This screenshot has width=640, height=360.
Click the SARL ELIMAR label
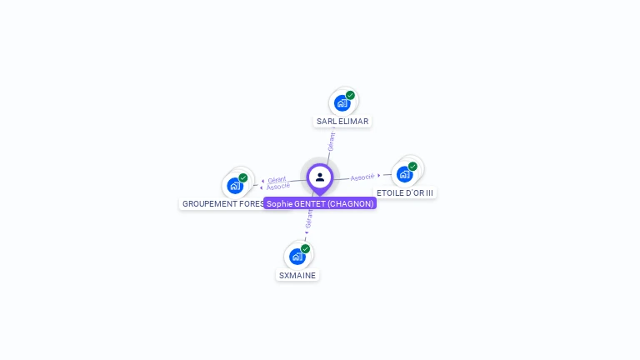(342, 121)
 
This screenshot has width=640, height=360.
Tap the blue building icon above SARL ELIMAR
(341, 103)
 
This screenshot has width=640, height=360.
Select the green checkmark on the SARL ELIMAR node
(351, 95)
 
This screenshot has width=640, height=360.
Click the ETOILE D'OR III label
(405, 192)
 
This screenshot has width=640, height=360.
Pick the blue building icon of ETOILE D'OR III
(404, 174)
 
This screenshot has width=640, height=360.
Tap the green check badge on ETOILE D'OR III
(412, 166)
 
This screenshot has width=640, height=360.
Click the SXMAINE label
(297, 275)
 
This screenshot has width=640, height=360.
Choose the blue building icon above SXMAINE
(297, 257)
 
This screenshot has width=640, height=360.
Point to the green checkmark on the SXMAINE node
(306, 248)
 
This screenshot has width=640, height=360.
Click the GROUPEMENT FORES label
(222, 203)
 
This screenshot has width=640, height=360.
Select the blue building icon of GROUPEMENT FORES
(234, 185)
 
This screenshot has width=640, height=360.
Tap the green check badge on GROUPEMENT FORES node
(243, 177)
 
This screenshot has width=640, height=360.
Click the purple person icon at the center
(320, 177)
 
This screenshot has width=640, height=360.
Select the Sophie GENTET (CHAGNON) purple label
(320, 203)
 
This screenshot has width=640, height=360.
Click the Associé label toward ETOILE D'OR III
(362, 177)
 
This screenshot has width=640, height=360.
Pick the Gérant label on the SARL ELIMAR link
(332, 142)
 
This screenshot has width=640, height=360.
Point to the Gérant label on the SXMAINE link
(309, 220)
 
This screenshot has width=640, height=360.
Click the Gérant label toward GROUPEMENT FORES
(277, 179)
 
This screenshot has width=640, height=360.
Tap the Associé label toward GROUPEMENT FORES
(278, 187)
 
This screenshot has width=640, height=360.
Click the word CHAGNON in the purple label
(350, 203)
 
